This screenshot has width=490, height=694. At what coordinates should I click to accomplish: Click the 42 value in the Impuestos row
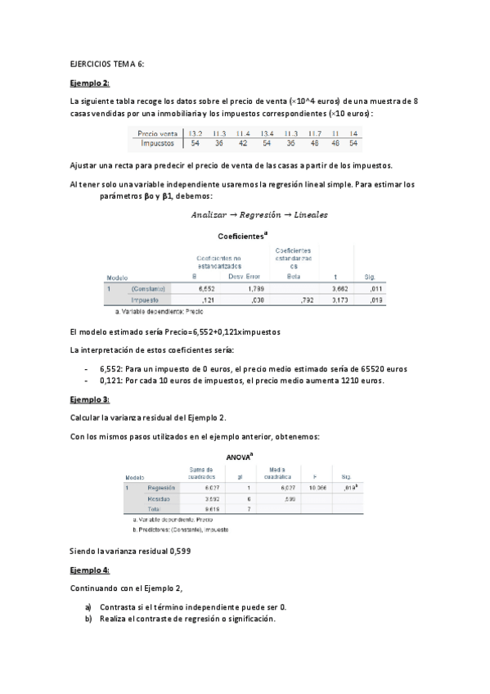[x=242, y=142]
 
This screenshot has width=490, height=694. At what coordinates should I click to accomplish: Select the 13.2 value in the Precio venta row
[x=196, y=133]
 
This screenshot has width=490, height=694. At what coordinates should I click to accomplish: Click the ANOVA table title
[x=244, y=457]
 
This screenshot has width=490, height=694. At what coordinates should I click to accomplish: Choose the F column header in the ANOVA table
[x=314, y=476]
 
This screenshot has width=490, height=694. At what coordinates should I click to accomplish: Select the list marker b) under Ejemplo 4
[x=88, y=619]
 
